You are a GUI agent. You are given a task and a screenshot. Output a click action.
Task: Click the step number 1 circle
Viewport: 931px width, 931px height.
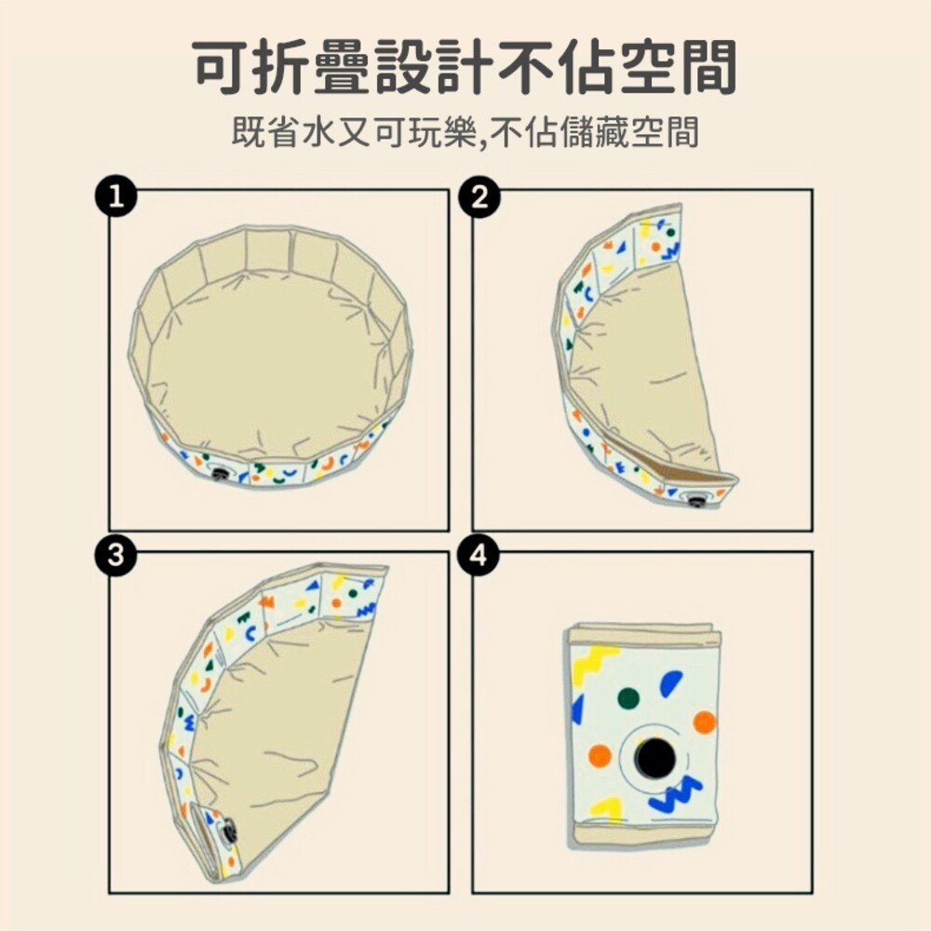tap(115, 196)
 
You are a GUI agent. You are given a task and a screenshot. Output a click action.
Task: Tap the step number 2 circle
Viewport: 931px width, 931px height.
tap(479, 196)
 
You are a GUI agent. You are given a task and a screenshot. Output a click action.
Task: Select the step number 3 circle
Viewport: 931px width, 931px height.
tap(115, 557)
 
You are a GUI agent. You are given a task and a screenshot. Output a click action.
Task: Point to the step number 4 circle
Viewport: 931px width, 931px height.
tap(479, 557)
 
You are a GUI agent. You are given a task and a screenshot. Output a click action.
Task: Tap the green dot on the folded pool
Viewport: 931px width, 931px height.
tap(628, 698)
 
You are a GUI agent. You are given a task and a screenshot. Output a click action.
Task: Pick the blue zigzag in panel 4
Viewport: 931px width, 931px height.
tap(675, 793)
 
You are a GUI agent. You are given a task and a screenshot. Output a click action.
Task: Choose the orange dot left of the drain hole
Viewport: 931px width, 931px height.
tap(600, 755)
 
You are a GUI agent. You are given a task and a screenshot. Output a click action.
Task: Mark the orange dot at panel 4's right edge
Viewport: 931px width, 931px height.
tap(704, 722)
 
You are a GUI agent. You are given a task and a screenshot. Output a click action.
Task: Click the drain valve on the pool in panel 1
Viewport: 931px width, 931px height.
tap(221, 473)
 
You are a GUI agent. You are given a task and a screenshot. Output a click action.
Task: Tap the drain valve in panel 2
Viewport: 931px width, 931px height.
tap(695, 501)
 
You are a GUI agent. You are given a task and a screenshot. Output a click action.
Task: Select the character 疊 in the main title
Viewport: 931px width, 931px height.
tap(341, 66)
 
